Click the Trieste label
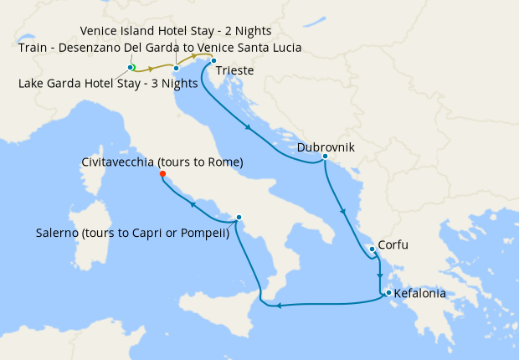point(234,71)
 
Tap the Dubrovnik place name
point(326,147)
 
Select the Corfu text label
point(393,246)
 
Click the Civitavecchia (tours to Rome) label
point(162,162)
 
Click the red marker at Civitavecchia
point(162,174)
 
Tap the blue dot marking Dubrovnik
point(324,157)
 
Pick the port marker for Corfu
point(372,249)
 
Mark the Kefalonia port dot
point(388,292)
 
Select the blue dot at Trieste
point(213,60)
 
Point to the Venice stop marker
point(177,68)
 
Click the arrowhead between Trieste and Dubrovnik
point(249,128)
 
